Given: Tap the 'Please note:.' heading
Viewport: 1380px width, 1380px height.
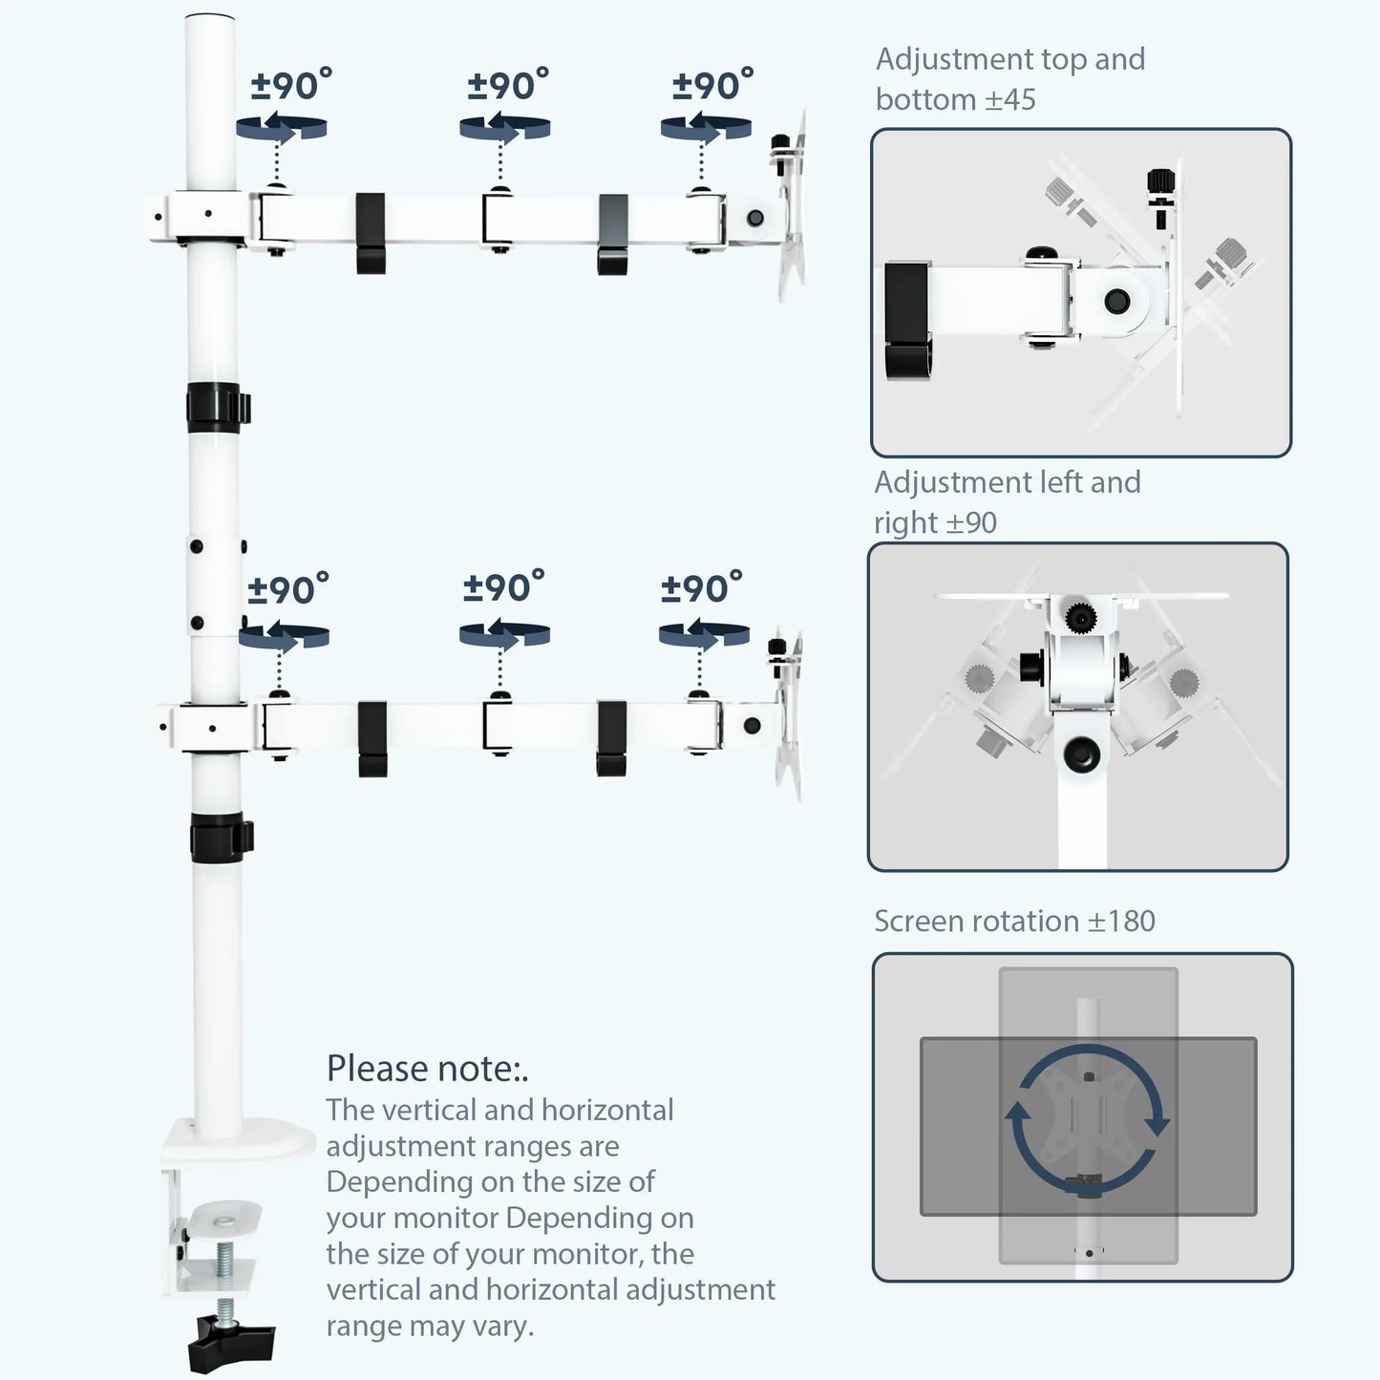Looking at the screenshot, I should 427,1069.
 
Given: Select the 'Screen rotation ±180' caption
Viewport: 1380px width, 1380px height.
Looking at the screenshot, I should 1014,921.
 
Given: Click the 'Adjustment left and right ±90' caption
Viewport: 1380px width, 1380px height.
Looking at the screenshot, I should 1007,501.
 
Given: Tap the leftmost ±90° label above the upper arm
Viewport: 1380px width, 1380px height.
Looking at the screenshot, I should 291,85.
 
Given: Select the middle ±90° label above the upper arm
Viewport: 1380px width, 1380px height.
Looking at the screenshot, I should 508,85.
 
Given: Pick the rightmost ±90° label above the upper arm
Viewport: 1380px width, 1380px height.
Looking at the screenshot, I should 712,85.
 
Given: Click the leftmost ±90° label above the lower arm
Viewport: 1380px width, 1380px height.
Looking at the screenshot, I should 288,589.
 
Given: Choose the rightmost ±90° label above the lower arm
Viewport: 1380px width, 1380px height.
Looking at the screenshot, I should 701,588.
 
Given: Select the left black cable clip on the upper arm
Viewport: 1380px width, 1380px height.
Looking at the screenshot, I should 371,233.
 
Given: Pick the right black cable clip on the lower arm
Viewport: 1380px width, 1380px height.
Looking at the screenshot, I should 611,737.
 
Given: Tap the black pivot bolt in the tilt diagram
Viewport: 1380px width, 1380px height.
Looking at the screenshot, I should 1116,302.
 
